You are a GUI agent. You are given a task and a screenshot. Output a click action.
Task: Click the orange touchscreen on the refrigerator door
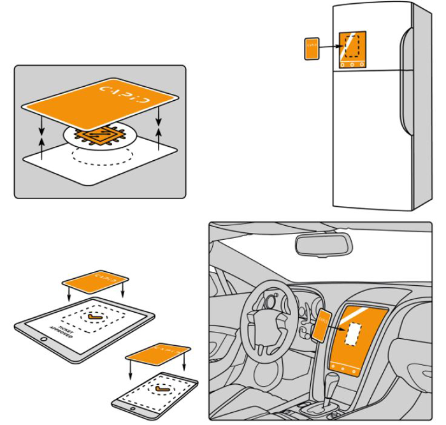[x=352, y=50]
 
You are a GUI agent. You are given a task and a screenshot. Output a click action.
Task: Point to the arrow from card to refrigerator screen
[x=331, y=46]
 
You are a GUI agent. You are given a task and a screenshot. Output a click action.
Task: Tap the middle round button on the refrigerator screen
[x=352, y=65]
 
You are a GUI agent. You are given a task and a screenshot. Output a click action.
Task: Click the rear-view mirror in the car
[x=322, y=244]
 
